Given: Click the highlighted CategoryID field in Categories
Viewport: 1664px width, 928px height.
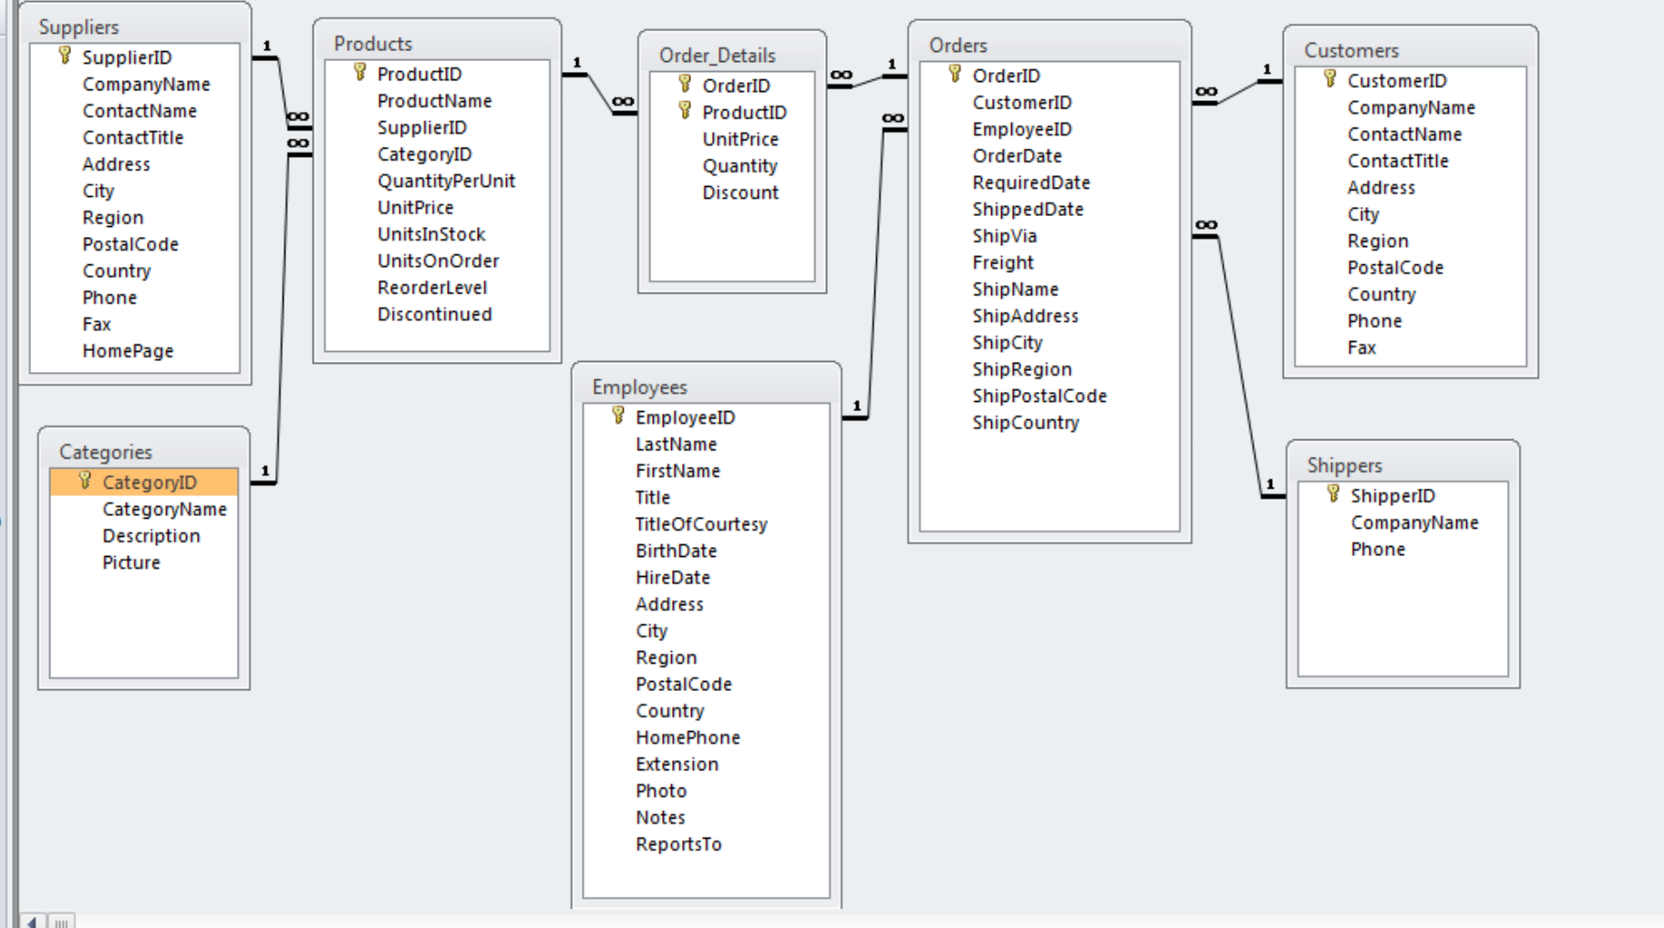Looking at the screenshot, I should click(x=149, y=482).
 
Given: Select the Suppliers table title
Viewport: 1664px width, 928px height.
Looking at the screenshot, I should click(x=78, y=27).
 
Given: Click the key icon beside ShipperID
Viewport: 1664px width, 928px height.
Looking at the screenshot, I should click(x=1332, y=494).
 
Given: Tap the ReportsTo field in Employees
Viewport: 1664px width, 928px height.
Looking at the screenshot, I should click(x=678, y=844).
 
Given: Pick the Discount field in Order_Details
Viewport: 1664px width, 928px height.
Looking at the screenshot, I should click(x=740, y=192).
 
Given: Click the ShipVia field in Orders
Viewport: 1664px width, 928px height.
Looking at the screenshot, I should click(x=1004, y=236).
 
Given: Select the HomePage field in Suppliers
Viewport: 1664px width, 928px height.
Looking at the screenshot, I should click(x=128, y=351).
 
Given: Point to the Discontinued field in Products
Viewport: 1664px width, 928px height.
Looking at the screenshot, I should click(x=434, y=314).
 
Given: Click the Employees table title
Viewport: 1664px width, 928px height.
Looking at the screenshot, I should click(x=639, y=387).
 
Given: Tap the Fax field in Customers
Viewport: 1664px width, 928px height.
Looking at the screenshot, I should click(x=1361, y=347).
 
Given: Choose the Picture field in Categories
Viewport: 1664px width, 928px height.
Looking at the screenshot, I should click(x=131, y=562).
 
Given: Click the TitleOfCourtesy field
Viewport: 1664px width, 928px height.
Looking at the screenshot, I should click(x=701, y=524).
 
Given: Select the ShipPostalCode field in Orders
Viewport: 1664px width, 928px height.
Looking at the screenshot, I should click(x=1039, y=396).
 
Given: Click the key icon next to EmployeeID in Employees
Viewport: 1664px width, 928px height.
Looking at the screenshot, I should click(x=618, y=416).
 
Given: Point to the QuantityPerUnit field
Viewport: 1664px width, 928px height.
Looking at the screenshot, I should click(x=446, y=180).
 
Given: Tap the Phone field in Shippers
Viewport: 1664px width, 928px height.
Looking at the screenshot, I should click(x=1378, y=550).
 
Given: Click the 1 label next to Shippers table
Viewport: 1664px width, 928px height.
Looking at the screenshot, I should click(x=1269, y=484).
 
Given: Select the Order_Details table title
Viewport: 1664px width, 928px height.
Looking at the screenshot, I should click(x=717, y=56).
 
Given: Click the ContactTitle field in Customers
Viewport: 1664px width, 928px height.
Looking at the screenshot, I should click(x=1398, y=161).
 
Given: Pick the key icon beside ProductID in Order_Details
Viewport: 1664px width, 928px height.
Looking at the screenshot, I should click(x=685, y=111).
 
